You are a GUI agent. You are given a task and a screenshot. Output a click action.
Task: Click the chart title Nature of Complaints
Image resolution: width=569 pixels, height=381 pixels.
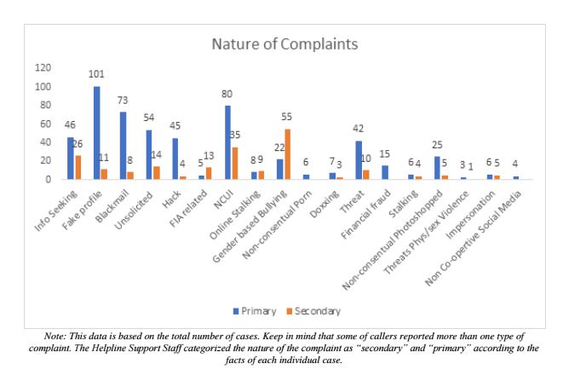click(284, 43)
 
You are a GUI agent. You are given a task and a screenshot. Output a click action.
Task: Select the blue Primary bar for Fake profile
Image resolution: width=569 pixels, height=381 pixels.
click(97, 133)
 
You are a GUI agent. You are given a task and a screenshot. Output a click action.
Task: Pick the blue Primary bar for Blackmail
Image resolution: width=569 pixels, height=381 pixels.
click(124, 146)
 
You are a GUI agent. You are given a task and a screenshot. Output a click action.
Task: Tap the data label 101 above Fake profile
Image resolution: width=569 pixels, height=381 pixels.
click(96, 74)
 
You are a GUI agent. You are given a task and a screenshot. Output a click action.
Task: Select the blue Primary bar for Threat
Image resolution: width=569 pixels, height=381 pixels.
click(359, 160)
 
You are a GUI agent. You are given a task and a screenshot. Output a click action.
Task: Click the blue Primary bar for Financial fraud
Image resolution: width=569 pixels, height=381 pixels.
click(385, 173)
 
